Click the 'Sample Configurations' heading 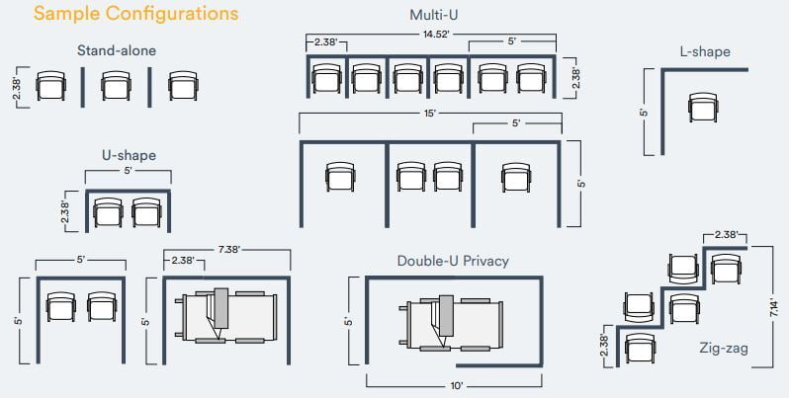[x=135, y=14]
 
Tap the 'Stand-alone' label [x=117, y=50]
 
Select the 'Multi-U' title [x=434, y=15]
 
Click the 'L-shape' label [x=705, y=51]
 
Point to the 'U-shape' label [x=129, y=155]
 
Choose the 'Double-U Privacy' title [x=453, y=261]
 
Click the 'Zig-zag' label [x=723, y=348]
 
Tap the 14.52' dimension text [x=435, y=35]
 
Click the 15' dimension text [x=429, y=113]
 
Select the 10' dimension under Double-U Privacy [x=457, y=386]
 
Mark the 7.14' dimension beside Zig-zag [x=777, y=307]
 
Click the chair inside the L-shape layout [x=703, y=107]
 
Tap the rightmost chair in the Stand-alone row [x=183, y=86]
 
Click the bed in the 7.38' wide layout [x=226, y=316]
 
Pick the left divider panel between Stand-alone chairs [x=83, y=88]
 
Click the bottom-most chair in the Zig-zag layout [x=640, y=348]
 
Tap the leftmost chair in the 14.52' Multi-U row [x=326, y=78]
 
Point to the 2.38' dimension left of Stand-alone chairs [x=17, y=88]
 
